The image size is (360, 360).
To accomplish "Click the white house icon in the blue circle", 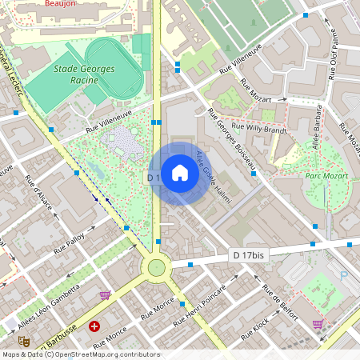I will click(179, 173).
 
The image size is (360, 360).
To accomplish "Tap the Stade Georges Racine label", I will click(85, 74).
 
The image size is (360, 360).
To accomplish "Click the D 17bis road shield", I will click(248, 254).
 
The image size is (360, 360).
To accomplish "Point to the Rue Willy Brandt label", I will click(258, 127).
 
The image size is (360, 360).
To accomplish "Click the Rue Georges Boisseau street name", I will click(231, 138).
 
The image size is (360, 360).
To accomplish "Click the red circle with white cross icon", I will click(94, 326).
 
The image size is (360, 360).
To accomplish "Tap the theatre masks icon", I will click(24, 341).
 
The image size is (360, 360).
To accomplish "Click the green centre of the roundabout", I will click(156, 266).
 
